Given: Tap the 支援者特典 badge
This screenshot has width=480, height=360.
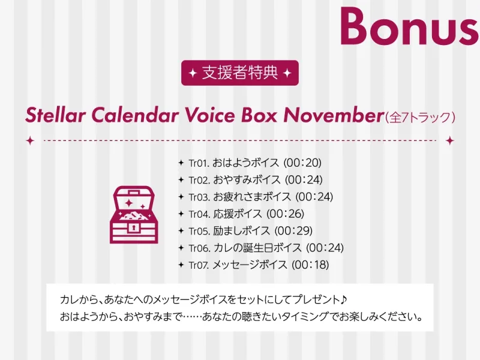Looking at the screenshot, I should tap(239, 73).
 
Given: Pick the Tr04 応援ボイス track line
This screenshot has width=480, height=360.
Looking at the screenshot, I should tap(247, 214).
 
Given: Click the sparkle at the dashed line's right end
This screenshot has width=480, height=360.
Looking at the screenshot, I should tap(449, 140).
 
